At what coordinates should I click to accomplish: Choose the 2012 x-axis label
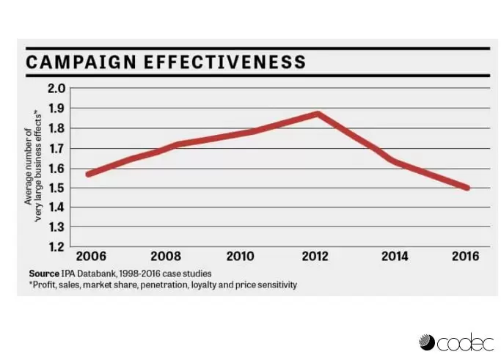click(x=317, y=257)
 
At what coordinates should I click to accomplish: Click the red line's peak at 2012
click(x=318, y=114)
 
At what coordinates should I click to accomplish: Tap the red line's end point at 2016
click(x=467, y=188)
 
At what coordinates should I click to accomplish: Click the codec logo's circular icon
click(x=426, y=342)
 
